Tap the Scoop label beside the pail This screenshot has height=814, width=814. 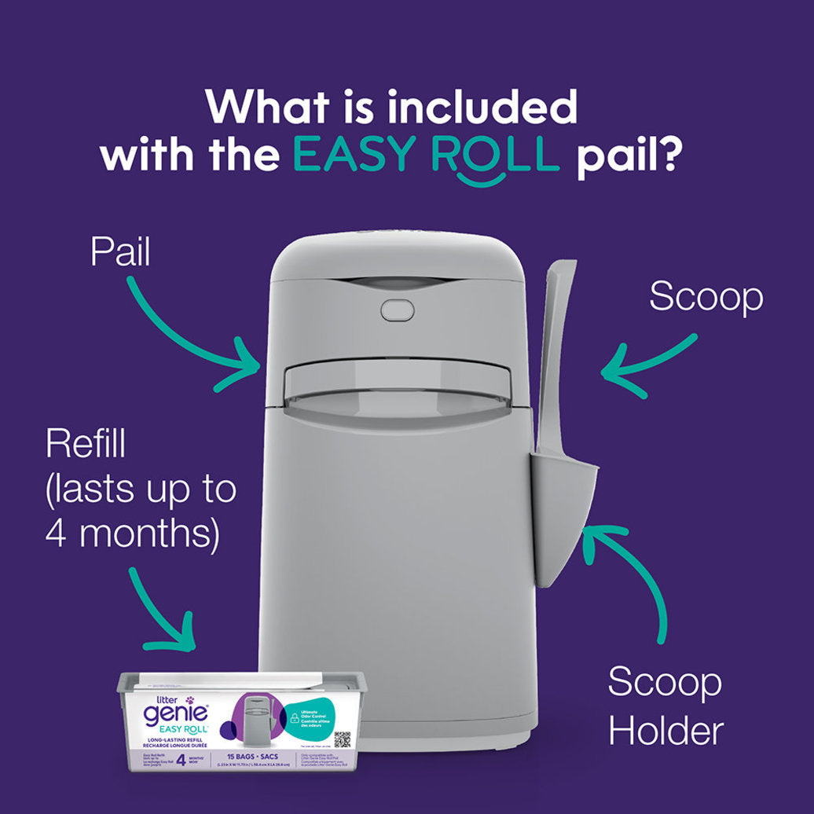click(x=706, y=298)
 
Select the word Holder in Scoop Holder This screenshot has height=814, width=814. click(x=665, y=731)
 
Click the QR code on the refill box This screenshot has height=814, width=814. click(x=341, y=739)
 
